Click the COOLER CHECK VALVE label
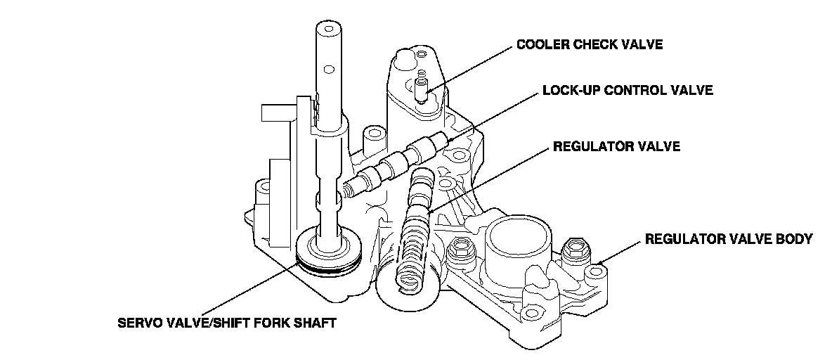tap(590, 44)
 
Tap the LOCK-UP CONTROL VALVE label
tap(628, 90)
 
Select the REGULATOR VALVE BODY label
tap(729, 239)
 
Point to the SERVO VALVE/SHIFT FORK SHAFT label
tap(226, 323)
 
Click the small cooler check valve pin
tap(422, 88)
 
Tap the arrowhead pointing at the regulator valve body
tap(601, 260)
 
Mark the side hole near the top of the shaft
tap(329, 69)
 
